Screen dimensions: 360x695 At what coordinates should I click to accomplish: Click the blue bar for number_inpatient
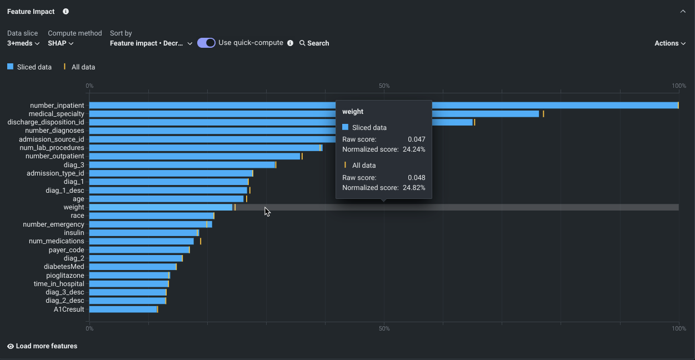[211, 106]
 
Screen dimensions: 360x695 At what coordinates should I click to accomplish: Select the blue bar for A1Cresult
[123, 309]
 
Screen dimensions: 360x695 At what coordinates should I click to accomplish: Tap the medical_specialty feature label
[57, 114]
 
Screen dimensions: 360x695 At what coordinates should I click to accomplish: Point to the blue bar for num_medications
[141, 241]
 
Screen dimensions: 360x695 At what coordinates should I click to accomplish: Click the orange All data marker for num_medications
[201, 241]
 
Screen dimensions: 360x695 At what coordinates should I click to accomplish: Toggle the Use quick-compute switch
[206, 43]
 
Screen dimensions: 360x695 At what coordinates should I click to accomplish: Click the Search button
[314, 43]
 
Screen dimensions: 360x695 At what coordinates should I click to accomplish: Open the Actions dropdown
[670, 43]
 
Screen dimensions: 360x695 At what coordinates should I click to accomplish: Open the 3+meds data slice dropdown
[23, 43]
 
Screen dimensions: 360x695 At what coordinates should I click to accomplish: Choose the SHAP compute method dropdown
[61, 43]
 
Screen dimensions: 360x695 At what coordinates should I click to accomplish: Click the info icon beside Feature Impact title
[66, 12]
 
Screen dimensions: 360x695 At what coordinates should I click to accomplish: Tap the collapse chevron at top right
[683, 12]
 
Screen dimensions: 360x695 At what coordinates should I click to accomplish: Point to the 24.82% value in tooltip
[414, 188]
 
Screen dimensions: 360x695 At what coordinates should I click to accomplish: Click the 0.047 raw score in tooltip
[416, 139]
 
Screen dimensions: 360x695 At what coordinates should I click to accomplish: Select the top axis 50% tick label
[384, 86]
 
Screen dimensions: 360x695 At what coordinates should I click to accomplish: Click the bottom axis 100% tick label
[678, 329]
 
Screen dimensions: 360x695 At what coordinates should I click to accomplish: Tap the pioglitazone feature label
[65, 276]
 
